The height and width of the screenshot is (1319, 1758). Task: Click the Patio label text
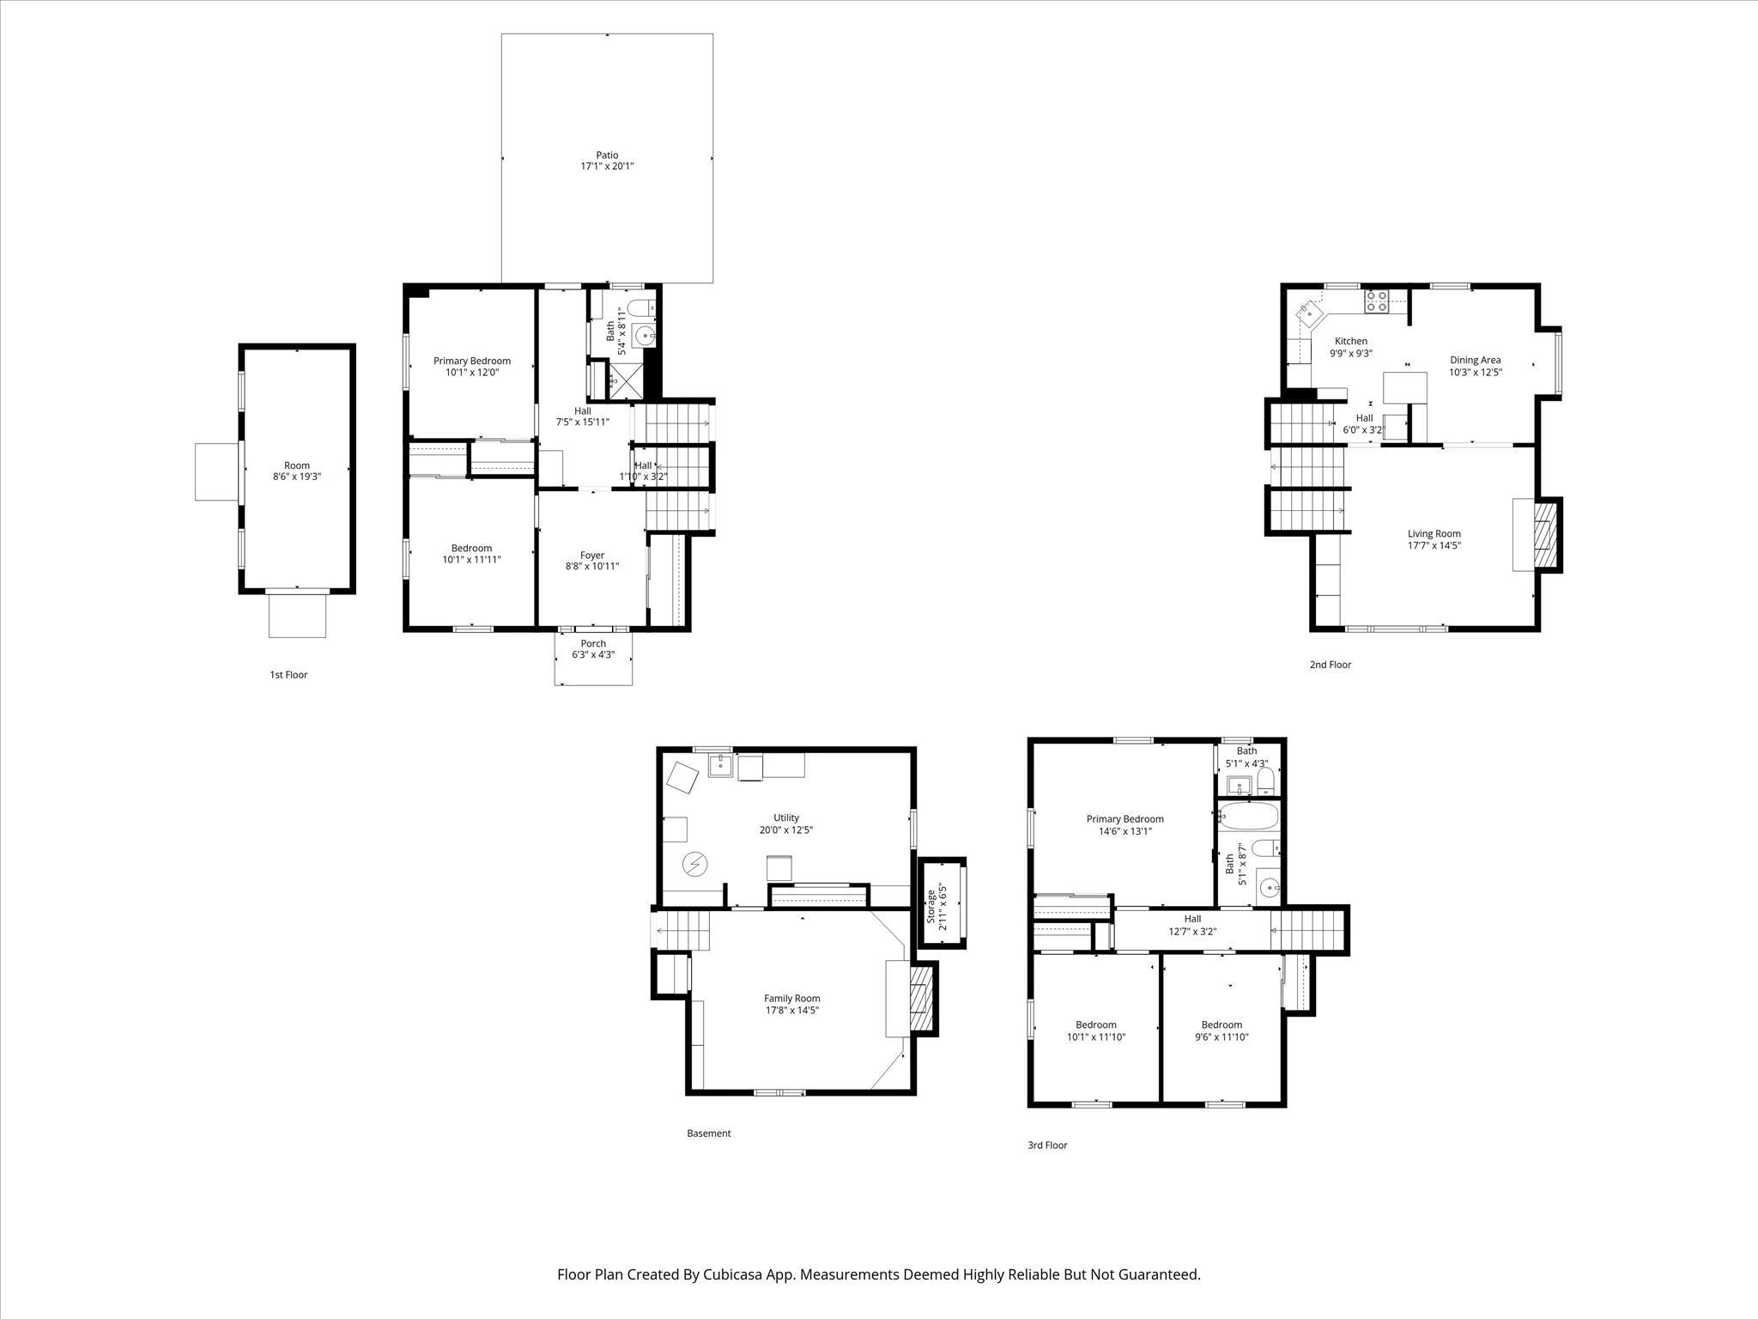[607, 155]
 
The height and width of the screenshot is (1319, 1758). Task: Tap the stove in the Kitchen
[1377, 301]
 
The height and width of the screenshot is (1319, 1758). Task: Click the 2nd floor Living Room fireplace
[1544, 535]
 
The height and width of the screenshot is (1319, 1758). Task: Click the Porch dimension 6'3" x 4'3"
[593, 655]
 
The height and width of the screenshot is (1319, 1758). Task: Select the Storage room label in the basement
[931, 906]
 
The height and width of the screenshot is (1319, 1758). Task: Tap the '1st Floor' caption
[288, 675]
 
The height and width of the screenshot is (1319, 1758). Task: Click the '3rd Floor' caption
[1047, 1145]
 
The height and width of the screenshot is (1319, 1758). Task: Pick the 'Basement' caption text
[708, 1133]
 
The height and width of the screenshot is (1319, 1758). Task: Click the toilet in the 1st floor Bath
[640, 308]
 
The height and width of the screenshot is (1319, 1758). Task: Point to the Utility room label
[785, 818]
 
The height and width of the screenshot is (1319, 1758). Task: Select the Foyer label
[591, 556]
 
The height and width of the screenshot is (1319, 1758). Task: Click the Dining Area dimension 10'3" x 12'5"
[1476, 373]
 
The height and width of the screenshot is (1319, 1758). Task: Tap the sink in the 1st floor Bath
[644, 335]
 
